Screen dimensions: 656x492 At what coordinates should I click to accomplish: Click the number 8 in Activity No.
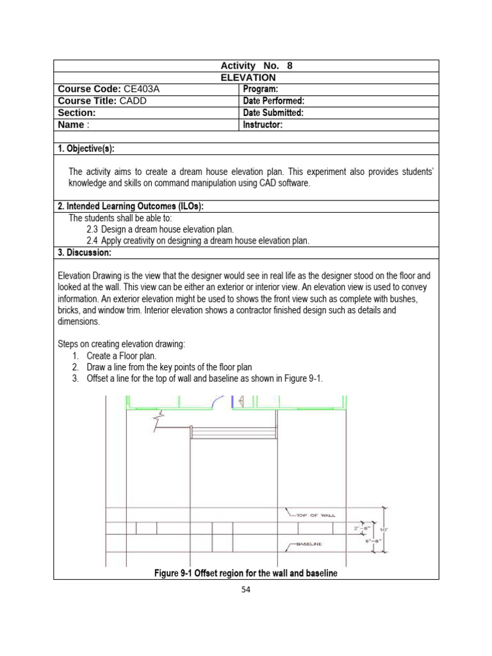pos(289,66)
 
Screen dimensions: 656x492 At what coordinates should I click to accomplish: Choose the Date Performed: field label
pos(274,101)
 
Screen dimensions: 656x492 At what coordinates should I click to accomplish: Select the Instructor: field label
pos(263,125)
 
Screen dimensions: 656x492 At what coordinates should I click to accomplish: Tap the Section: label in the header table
pos(76,113)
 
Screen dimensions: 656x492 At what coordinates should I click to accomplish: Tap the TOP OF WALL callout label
pos(316,515)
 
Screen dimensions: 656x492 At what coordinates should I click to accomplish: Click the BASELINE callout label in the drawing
pos(309,544)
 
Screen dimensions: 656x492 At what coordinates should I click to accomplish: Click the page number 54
pos(246,590)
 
